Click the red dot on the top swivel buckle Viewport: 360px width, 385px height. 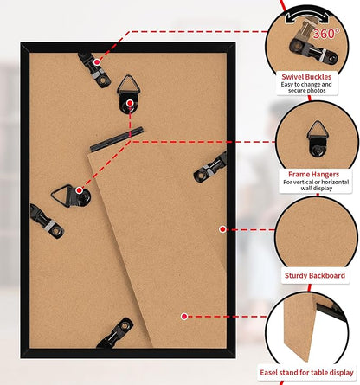97,62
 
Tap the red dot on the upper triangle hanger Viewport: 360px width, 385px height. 130,103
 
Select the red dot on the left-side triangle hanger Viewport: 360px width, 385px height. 80,190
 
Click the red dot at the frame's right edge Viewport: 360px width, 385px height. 222,229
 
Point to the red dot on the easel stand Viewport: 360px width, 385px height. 184,317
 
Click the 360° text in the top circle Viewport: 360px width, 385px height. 326,34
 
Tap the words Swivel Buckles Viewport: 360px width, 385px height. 306,77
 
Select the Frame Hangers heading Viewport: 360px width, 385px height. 314,174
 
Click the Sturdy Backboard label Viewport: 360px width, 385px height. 315,275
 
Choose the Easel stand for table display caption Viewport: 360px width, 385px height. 306,373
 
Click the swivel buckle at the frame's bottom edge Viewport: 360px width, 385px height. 115,333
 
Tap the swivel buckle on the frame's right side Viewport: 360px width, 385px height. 210,167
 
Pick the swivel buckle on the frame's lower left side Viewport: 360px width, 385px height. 46,221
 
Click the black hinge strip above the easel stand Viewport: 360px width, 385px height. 117,139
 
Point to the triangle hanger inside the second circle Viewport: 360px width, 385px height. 317,139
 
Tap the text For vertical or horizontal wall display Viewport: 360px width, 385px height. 316,185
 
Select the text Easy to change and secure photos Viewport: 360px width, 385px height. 306,87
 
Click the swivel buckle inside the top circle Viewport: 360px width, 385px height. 313,46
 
